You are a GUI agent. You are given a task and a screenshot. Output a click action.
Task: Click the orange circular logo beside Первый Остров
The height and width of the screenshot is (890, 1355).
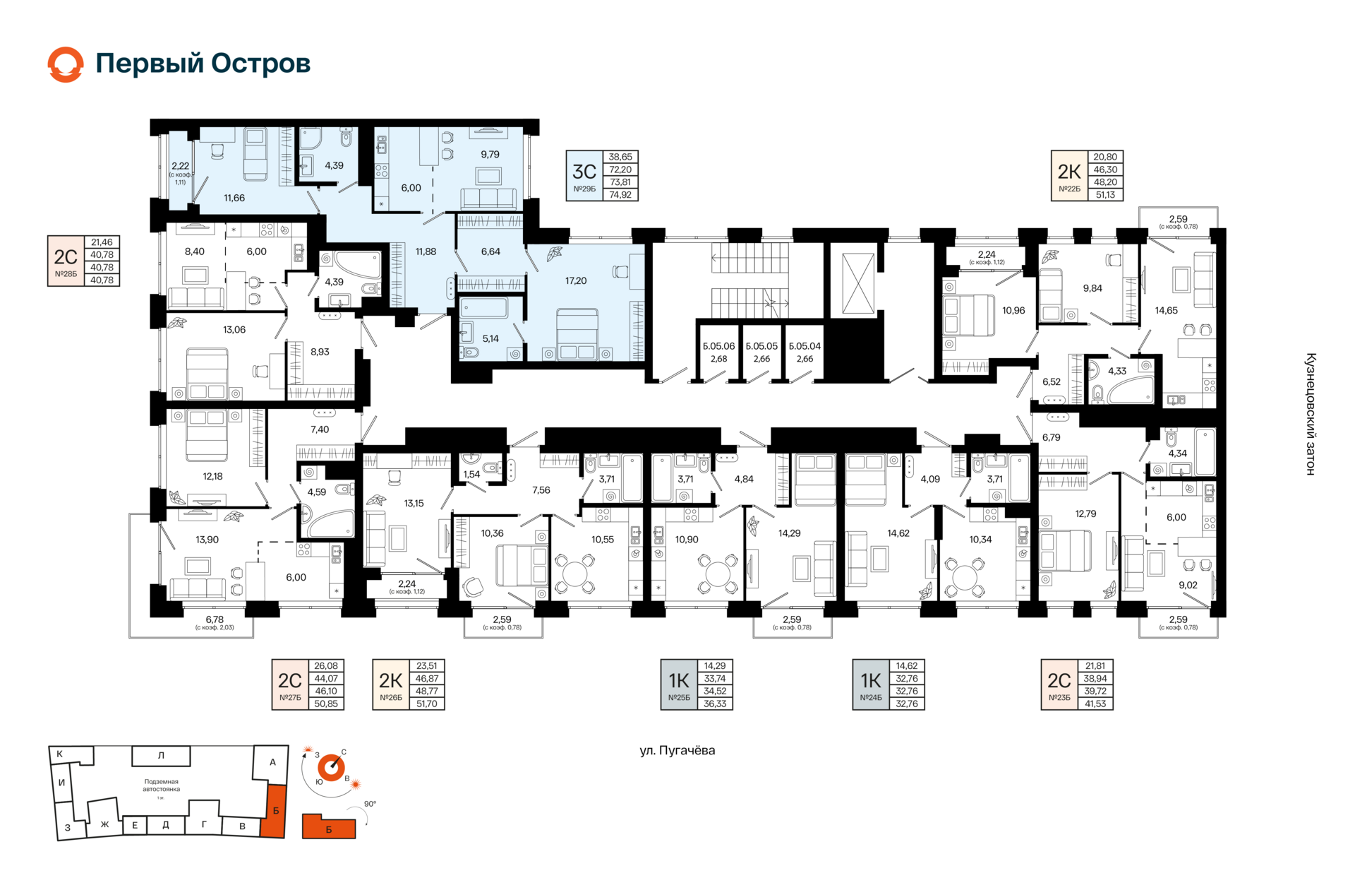66,64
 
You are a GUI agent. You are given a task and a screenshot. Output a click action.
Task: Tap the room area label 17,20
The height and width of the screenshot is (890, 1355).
576,280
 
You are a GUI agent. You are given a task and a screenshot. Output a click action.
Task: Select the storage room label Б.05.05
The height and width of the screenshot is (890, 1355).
761,346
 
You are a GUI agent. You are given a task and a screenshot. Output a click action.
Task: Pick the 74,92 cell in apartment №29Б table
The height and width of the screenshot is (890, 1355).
620,195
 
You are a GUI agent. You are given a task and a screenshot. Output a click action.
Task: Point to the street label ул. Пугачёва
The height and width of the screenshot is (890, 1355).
677,750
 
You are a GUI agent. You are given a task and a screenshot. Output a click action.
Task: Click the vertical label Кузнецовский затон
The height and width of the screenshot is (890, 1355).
1311,414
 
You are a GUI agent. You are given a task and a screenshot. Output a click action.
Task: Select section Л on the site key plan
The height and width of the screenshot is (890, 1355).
161,756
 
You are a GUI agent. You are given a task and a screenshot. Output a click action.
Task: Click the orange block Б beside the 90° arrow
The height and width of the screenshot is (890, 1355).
329,827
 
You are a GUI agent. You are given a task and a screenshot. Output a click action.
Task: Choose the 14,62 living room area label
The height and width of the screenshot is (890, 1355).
898,533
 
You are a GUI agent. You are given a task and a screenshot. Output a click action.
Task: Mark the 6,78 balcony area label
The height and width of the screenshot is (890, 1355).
215,619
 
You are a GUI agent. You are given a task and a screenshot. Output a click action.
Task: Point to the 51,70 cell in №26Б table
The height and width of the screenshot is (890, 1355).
427,704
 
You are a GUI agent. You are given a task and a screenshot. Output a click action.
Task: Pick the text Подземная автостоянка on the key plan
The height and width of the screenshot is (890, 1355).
161,785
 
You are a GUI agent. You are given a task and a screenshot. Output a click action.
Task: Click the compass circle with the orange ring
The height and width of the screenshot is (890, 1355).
330,767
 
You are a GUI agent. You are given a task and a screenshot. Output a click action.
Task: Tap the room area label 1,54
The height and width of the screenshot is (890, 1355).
471,474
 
